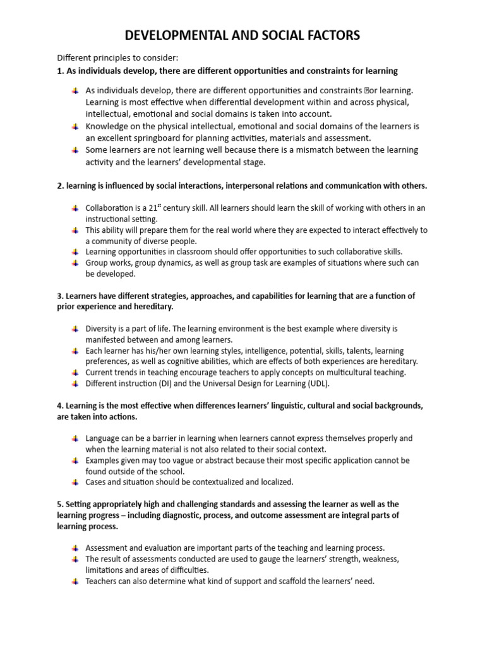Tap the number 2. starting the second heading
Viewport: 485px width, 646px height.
click(x=61, y=185)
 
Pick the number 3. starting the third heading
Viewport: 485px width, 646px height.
click(x=61, y=295)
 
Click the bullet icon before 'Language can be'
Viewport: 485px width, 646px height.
click(x=75, y=438)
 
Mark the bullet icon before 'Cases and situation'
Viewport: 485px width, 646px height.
click(x=75, y=482)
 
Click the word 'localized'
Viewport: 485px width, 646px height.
click(x=275, y=482)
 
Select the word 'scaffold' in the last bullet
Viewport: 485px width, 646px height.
click(x=289, y=581)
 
